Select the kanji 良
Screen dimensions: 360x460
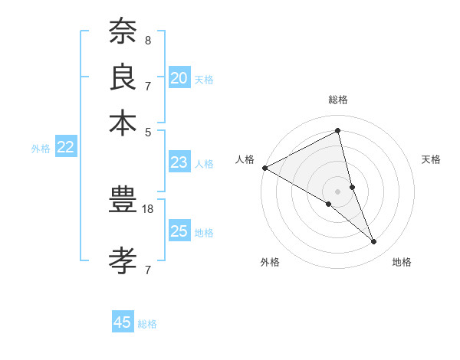coord(123,77)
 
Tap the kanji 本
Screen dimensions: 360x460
coord(123,122)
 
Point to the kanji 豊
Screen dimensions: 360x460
coord(123,202)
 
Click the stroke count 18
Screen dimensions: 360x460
coord(148,208)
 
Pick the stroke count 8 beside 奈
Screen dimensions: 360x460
coord(147,39)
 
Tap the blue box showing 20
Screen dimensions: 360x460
coord(179,77)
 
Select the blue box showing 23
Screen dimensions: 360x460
coord(179,162)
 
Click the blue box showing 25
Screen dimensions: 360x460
coord(179,231)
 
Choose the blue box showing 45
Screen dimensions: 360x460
coord(123,322)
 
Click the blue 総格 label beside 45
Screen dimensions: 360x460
coord(147,324)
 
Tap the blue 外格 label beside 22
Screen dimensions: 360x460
coord(41,149)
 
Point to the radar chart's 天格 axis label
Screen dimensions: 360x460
coord(431,159)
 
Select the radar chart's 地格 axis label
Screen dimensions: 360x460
coord(402,262)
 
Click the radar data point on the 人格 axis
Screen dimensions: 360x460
coord(264,168)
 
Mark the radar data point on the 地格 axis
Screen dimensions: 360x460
coord(374,242)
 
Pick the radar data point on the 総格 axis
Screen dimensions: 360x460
coord(338,131)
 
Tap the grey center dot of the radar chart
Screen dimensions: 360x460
coord(338,191)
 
